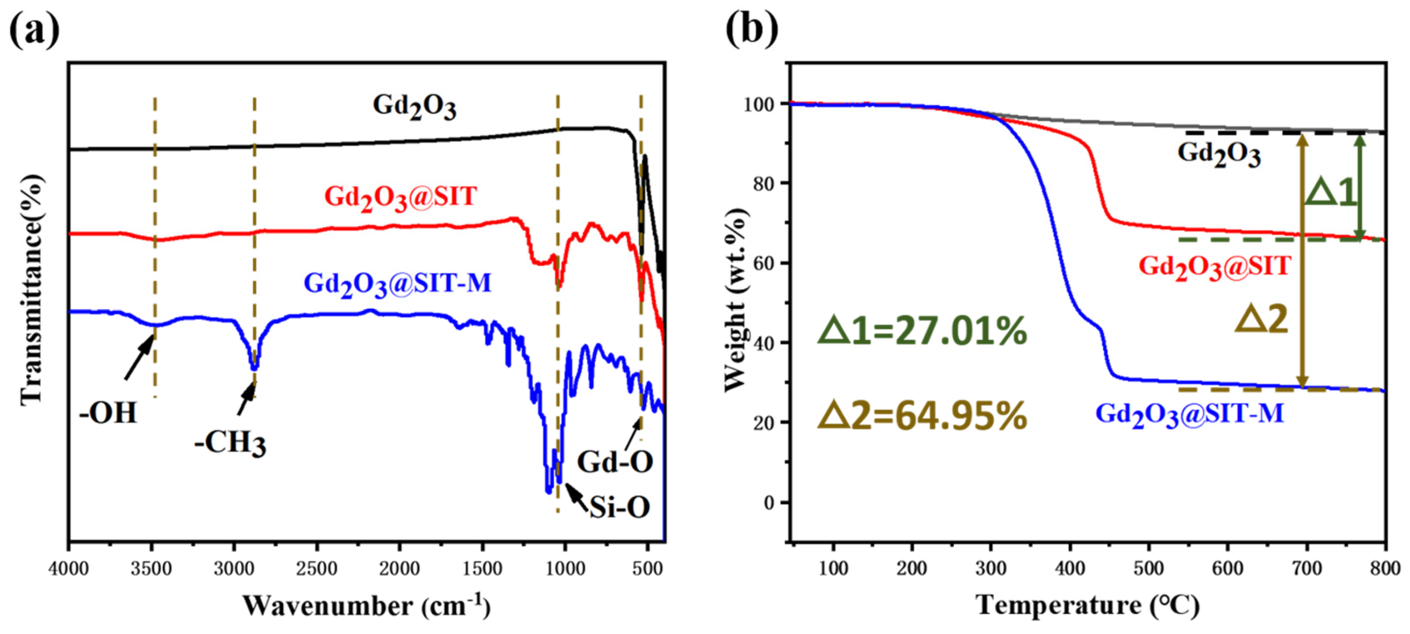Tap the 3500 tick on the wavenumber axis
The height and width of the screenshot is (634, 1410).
pos(151,569)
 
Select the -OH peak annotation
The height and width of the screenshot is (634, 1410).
pos(107,413)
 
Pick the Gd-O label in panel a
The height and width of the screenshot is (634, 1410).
pos(615,462)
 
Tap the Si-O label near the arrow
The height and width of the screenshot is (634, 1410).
pos(619,508)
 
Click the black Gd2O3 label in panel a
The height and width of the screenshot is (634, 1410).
pos(414,106)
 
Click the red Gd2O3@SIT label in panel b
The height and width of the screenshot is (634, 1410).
pos(1215,267)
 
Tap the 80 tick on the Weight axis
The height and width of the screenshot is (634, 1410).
pos(763,183)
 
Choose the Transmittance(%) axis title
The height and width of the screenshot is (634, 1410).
pos(31,290)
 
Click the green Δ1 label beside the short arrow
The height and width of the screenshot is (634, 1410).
pos(1331,193)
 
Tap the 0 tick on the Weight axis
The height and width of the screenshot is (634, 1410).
pos(769,502)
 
